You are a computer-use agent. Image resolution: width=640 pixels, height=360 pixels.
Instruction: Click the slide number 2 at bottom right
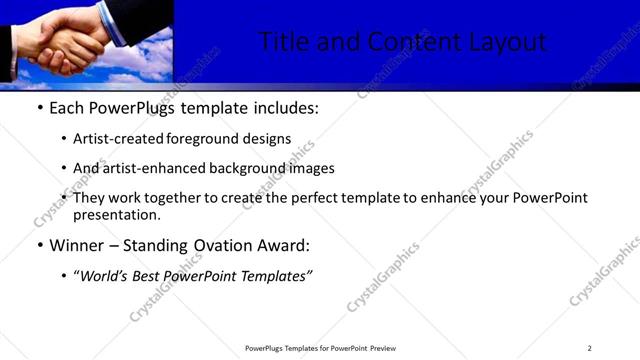click(x=589, y=348)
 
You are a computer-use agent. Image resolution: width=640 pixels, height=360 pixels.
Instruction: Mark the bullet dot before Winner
click(x=39, y=246)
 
